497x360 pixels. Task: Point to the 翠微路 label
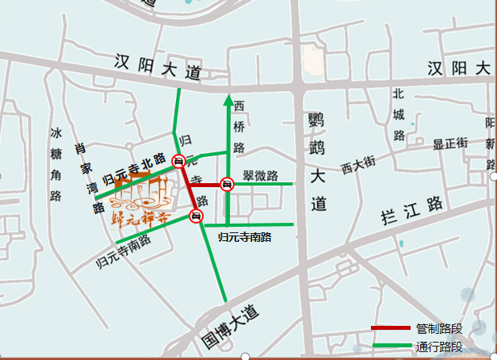[260, 175]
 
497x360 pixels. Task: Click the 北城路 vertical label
[399, 113]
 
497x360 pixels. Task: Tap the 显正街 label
[450, 144]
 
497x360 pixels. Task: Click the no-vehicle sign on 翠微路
[227, 185]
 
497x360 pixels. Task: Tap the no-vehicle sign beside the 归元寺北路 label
[180, 162]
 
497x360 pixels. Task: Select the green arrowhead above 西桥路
[227, 100]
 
